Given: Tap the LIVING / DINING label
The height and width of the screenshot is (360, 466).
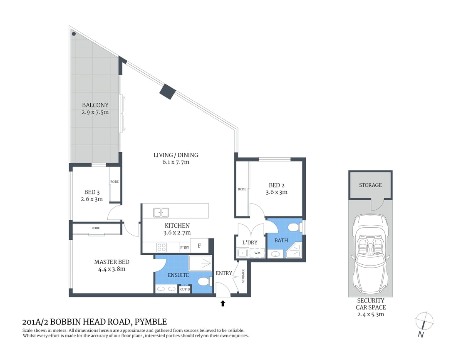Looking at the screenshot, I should [x=176, y=155].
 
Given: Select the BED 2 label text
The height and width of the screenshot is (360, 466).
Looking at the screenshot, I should [x=276, y=185].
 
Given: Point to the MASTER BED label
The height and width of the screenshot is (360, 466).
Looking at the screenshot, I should [x=112, y=262].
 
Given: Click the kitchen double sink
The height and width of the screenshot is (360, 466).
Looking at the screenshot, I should [x=161, y=212].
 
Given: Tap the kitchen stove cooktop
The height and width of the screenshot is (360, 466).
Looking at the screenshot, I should [x=161, y=247].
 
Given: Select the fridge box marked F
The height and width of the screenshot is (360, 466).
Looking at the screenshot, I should [x=199, y=246].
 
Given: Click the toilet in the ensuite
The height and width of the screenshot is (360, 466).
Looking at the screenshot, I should [x=203, y=283].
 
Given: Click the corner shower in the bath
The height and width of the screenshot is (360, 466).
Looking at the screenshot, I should [x=295, y=251].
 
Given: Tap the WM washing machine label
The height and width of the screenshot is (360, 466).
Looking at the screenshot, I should [x=257, y=253].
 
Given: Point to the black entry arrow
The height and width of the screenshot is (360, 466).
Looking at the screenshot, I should [x=223, y=303].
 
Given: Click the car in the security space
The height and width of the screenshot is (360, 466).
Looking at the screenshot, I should [x=370, y=254].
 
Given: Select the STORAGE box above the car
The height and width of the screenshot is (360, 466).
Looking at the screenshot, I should [x=370, y=185].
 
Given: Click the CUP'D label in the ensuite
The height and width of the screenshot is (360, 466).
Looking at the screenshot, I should [x=185, y=289].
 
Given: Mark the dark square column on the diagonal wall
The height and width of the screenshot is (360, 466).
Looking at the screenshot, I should [x=168, y=92].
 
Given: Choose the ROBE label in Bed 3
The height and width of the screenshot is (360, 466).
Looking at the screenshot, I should [x=114, y=182].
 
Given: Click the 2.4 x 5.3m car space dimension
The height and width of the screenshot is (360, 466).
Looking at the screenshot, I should [x=370, y=314].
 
